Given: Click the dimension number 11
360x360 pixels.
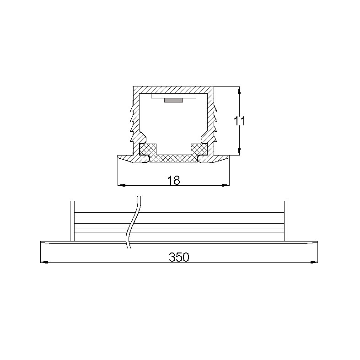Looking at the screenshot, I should [x=240, y=121].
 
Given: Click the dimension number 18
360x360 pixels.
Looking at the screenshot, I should [x=174, y=180].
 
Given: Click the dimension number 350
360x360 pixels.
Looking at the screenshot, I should [x=179, y=257].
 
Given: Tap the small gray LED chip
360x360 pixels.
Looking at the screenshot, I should [x=173, y=99].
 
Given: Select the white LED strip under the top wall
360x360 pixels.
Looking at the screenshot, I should [x=173, y=96].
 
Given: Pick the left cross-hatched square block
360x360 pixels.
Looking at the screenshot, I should [x=147, y=149].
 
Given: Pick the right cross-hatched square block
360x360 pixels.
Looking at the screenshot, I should [x=199, y=149].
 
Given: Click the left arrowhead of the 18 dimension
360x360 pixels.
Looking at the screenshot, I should [x=121, y=185].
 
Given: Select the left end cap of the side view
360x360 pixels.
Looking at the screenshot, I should [x=72, y=220].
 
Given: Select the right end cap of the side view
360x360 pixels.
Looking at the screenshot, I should [x=286, y=220].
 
